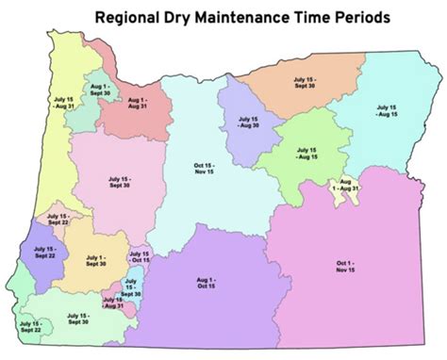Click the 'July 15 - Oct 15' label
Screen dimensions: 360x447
(x=140, y=257)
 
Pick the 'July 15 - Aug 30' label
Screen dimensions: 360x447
(x=248, y=124)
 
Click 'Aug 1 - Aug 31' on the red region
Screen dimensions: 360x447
(x=138, y=103)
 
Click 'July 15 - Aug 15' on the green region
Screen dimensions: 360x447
(x=306, y=153)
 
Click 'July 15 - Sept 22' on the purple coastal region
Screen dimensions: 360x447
(x=43, y=251)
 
